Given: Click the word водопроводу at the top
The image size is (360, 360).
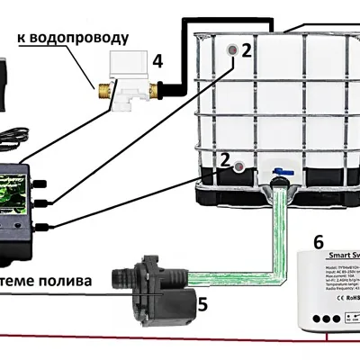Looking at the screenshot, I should [85, 40].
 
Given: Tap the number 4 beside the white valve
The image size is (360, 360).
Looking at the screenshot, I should [157, 62].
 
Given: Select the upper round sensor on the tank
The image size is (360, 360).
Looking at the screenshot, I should [233, 49].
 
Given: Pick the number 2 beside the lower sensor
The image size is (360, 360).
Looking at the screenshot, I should [240, 166].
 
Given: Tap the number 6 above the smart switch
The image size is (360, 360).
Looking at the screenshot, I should [318, 241].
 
